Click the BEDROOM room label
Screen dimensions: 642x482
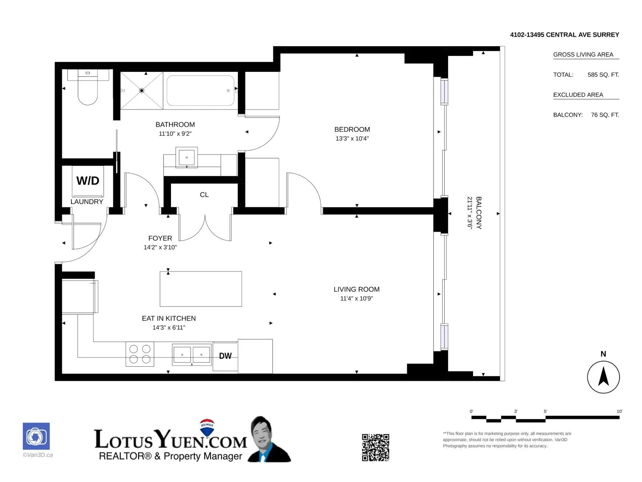352,129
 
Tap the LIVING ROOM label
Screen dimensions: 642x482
356,289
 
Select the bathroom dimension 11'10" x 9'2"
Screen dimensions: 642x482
175,134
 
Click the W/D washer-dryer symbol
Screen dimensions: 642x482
88,181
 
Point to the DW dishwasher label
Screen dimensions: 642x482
225,356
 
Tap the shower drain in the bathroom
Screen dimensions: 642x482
142,90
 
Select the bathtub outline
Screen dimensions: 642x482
200,90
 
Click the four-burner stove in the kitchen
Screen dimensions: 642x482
140,354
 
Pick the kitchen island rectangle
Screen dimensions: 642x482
201,289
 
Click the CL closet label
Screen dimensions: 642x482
204,195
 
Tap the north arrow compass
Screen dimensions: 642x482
603,377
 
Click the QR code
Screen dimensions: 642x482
375,447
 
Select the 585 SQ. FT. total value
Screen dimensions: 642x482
603,75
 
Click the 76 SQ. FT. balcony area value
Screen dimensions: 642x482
605,115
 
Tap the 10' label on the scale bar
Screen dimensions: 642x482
619,411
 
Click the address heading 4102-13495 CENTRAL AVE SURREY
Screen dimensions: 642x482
565,35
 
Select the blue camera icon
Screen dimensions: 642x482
36,436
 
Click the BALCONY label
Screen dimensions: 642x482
479,213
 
